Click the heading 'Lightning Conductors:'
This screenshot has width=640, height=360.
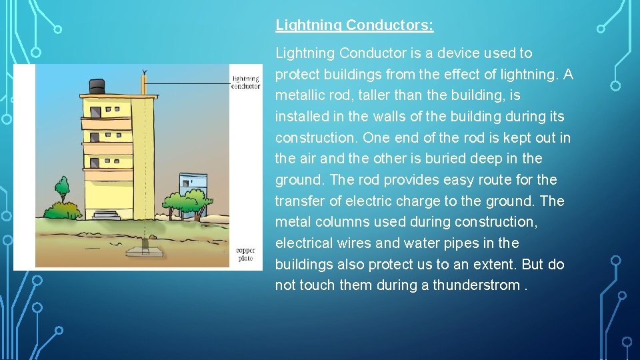[x=354, y=25]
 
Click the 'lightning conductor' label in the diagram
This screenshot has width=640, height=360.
[x=245, y=82]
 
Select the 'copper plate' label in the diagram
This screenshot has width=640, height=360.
[x=245, y=254]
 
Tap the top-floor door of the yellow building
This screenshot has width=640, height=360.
[x=96, y=111]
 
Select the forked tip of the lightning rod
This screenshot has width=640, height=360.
[x=144, y=72]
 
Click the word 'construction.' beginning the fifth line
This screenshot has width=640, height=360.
[x=314, y=138]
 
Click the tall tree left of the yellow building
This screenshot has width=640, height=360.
[x=62, y=191]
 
